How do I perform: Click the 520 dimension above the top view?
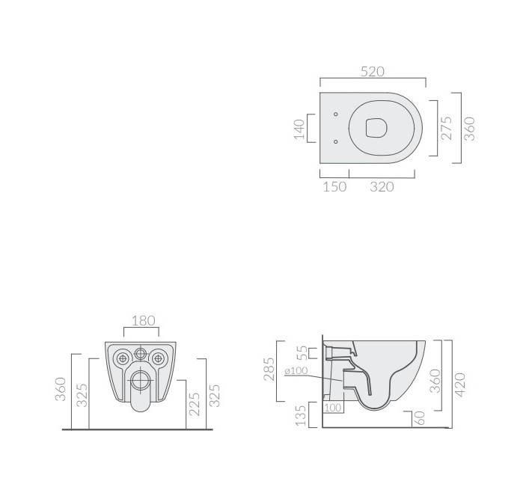[372, 72]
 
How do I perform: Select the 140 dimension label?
[299, 129]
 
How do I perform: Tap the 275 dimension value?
[447, 128]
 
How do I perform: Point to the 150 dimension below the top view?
[334, 187]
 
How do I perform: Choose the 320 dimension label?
[382, 187]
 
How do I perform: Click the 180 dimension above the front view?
[143, 320]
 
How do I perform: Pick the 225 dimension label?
[195, 404]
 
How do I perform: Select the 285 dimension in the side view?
[269, 370]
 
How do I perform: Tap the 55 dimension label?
[302, 353]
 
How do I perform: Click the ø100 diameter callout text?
[296, 370]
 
